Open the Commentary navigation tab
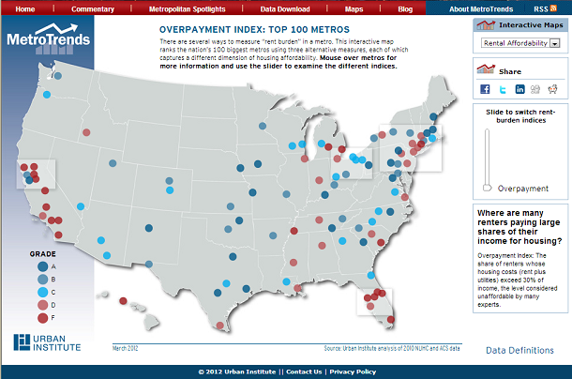(92, 8)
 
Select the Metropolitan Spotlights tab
(188, 8)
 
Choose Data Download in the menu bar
(285, 8)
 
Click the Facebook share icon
(486, 90)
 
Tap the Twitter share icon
(503, 90)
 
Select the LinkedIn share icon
(519, 90)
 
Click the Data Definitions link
(519, 350)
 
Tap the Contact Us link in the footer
(304, 371)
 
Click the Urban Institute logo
(47, 342)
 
